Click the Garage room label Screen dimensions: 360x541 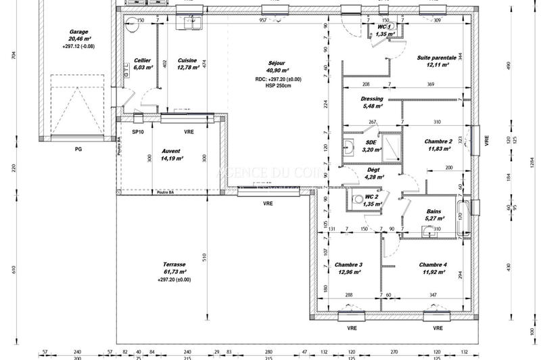point(80,32)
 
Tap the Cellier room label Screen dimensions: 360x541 point(142,60)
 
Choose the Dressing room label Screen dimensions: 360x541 point(373,99)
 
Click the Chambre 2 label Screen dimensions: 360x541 point(438,141)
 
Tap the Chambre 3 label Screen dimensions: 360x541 point(348,265)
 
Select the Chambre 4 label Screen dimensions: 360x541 point(433,265)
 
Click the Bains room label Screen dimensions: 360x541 point(434,211)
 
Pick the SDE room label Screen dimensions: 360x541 point(371,143)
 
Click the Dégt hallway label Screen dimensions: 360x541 point(373,170)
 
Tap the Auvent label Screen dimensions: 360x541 point(170,151)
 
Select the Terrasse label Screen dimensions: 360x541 point(174,265)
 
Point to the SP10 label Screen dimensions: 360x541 point(138,132)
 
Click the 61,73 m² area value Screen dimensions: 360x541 point(174,272)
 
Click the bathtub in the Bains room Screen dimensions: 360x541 point(463,218)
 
